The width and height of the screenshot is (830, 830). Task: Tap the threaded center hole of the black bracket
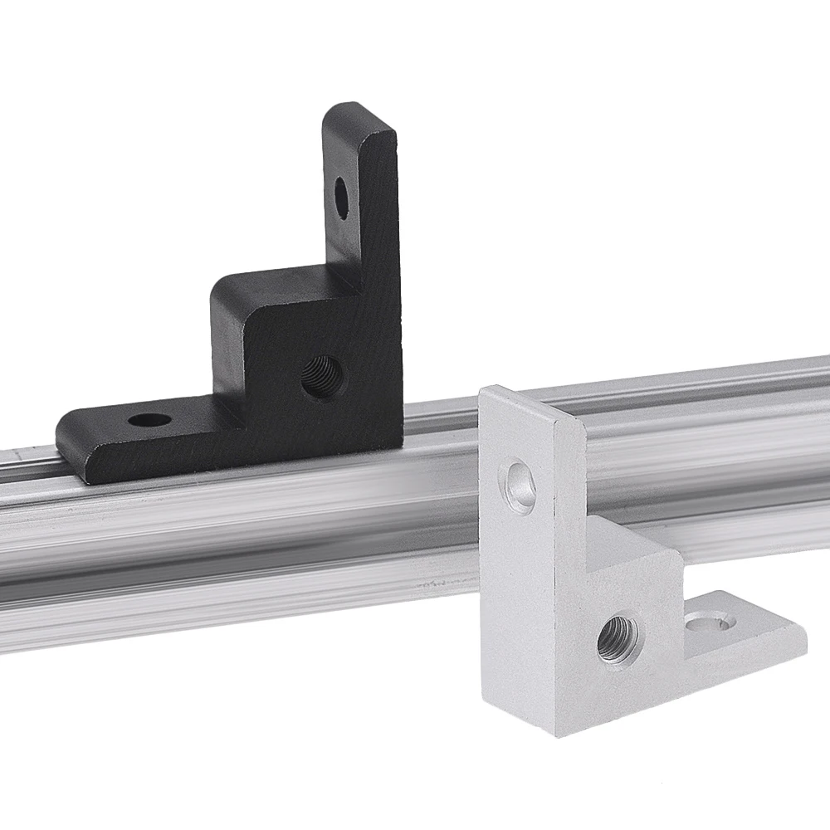tap(320, 376)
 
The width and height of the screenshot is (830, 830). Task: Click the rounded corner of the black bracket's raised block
tap(217, 290)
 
